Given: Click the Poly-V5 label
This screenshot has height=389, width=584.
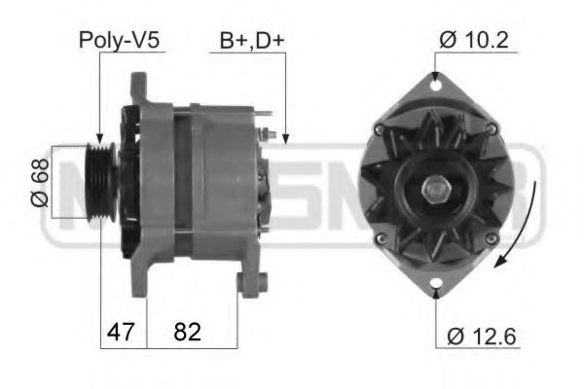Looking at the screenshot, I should [120, 41].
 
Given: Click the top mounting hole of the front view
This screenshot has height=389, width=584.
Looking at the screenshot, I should [434, 86].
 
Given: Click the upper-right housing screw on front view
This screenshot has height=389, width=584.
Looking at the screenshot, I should [490, 129].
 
